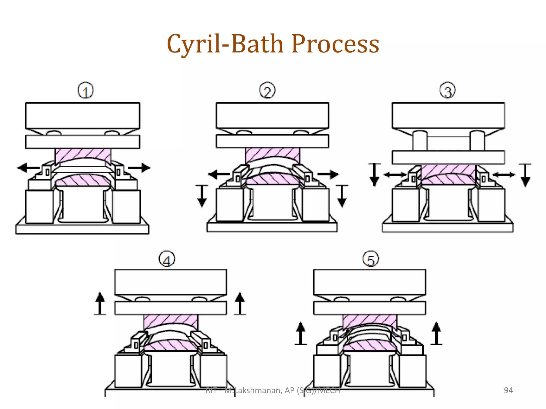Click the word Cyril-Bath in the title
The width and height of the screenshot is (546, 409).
click(225, 44)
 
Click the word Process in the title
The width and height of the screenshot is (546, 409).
click(335, 44)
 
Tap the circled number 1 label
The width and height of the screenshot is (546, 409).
click(86, 91)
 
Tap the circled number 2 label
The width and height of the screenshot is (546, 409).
click(267, 91)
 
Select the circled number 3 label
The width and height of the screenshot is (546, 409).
click(447, 90)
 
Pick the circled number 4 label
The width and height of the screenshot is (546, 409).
click(167, 259)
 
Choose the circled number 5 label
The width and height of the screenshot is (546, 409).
click(371, 259)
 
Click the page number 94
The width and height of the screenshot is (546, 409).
click(508, 390)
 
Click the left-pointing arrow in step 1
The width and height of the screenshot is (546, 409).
click(28, 168)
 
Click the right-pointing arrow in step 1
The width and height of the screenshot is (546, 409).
click(139, 168)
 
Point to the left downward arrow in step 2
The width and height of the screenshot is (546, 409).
click(202, 196)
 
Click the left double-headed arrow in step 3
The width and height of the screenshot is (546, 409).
click(395, 175)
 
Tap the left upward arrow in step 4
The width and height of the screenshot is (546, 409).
click(100, 303)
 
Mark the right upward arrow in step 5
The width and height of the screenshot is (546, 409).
click(436, 333)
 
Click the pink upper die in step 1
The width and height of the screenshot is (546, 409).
click(83, 154)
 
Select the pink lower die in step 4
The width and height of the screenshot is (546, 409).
click(171, 345)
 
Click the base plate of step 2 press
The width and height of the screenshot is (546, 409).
click(272, 227)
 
